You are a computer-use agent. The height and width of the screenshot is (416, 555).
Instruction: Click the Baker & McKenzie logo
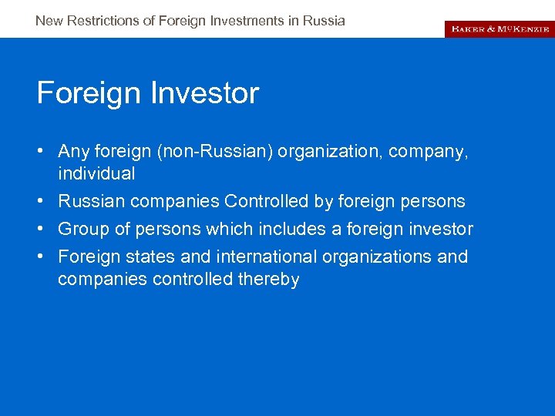499,29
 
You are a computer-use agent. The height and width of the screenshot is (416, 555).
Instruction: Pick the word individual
96,173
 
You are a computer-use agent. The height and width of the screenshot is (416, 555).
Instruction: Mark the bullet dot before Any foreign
42,152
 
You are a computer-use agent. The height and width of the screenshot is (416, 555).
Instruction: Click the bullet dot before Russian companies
42,201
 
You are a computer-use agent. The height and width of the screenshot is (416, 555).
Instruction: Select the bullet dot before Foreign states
42,256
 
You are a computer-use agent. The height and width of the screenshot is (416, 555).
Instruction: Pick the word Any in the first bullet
74,152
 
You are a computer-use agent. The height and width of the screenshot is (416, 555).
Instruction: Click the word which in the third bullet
234,229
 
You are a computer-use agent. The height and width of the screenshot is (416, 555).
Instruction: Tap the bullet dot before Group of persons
42,229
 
